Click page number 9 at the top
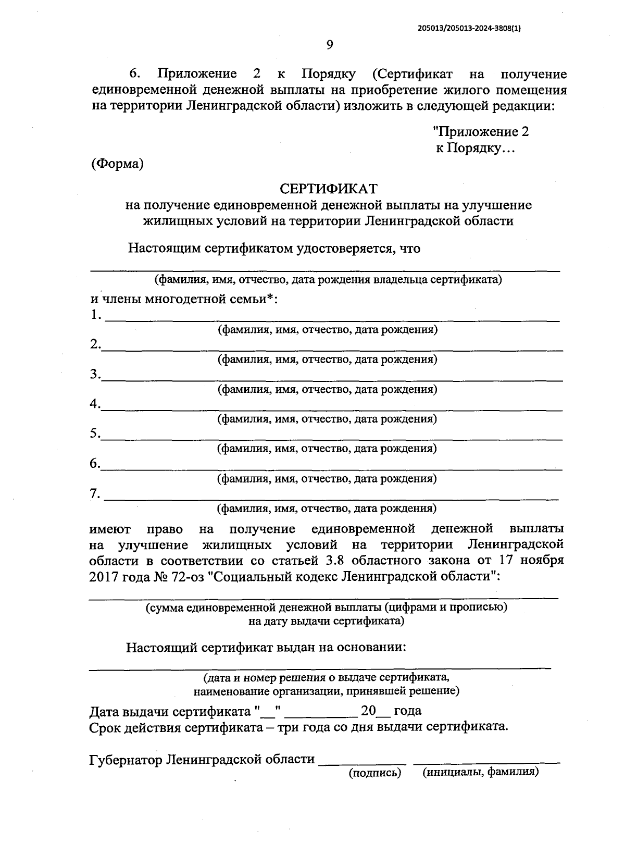329,45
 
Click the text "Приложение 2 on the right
481,132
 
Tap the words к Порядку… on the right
475,148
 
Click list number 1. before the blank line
95,315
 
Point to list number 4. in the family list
95,404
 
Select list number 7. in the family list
95,493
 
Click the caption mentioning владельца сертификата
329,280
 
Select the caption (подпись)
375,773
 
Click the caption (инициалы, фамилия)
481,772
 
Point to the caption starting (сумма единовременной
326,607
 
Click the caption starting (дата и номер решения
326,677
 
